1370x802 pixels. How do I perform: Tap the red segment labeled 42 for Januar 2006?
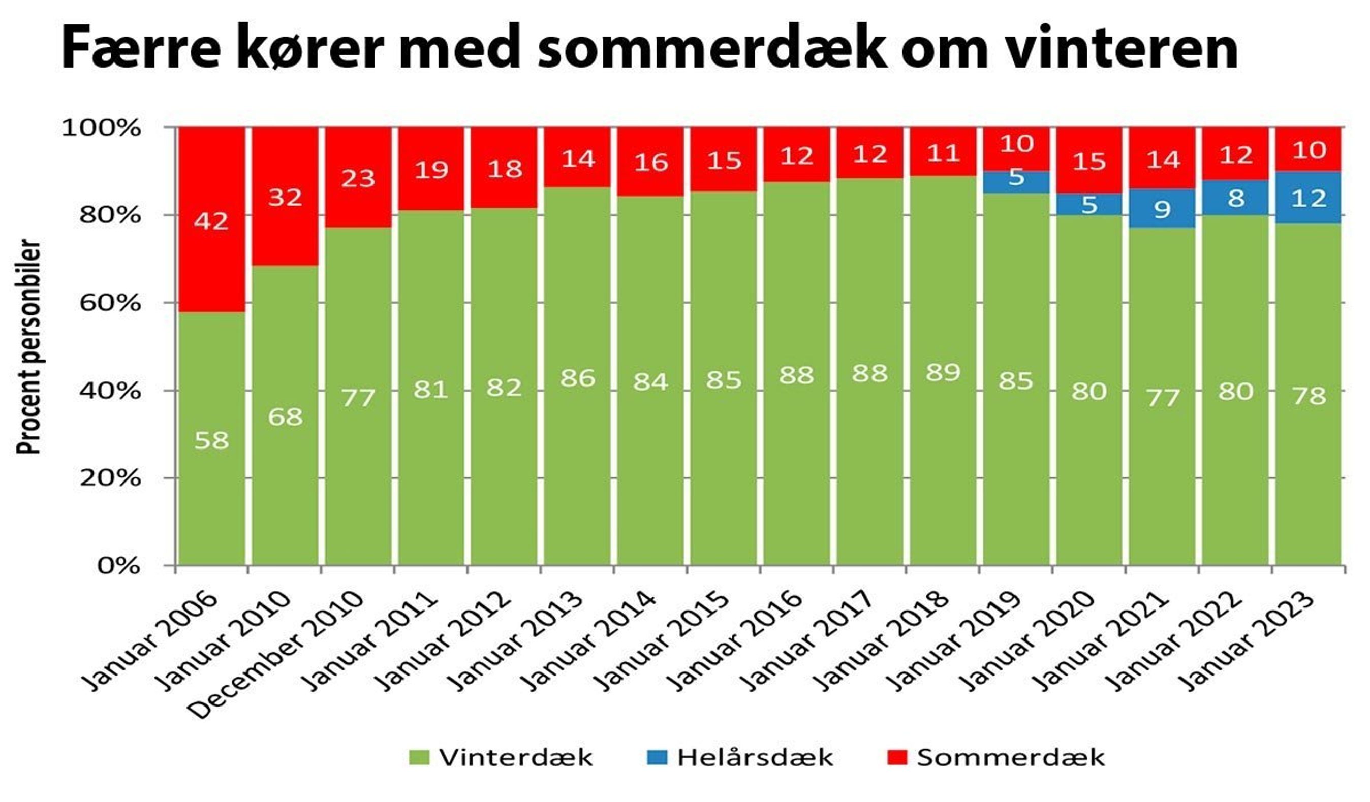pos(211,220)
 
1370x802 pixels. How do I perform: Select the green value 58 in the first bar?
pos(211,440)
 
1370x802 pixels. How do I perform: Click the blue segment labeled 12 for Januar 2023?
pos(1309,198)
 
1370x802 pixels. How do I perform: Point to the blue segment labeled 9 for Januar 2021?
pos(1162,209)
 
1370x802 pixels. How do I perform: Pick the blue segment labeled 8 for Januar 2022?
pos(1236,198)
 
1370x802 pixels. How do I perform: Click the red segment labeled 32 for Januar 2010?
pos(285,197)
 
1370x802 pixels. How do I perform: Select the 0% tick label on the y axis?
pos(118,566)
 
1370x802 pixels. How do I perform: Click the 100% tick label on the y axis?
pos(102,128)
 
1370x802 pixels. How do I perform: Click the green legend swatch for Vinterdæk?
pos(419,757)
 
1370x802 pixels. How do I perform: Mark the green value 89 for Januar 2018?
pos(943,373)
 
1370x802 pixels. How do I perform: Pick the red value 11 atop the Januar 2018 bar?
pos(943,153)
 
